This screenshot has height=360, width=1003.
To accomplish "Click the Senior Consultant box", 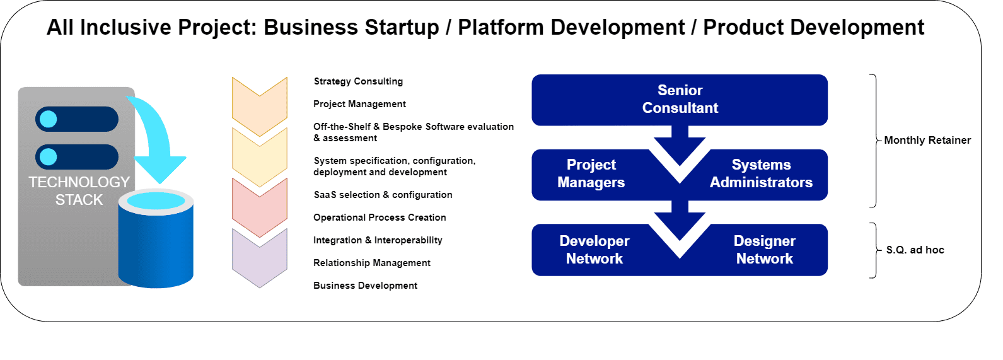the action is pos(679,100).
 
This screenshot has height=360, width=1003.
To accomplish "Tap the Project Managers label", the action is pos(591,174).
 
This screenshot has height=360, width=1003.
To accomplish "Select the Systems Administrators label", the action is pos(761,174).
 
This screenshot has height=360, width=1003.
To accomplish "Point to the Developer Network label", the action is pos(594,250).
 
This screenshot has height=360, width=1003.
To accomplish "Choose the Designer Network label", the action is pos(764,250).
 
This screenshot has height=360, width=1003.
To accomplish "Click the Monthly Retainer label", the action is pos(927,140).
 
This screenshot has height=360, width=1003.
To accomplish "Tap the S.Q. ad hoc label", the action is pos(915,250).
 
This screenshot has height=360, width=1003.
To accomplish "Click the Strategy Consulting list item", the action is pos(358,81).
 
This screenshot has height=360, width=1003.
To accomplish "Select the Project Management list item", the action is pos(359,104).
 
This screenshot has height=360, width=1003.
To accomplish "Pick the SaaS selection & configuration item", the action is pos(383,195).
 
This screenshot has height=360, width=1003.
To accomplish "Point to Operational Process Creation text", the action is pos(380,218).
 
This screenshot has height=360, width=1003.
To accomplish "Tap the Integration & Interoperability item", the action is pos(378,240).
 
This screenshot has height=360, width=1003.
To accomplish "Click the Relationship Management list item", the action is pos(372,263).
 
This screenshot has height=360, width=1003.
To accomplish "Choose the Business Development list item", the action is pos(365,286).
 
